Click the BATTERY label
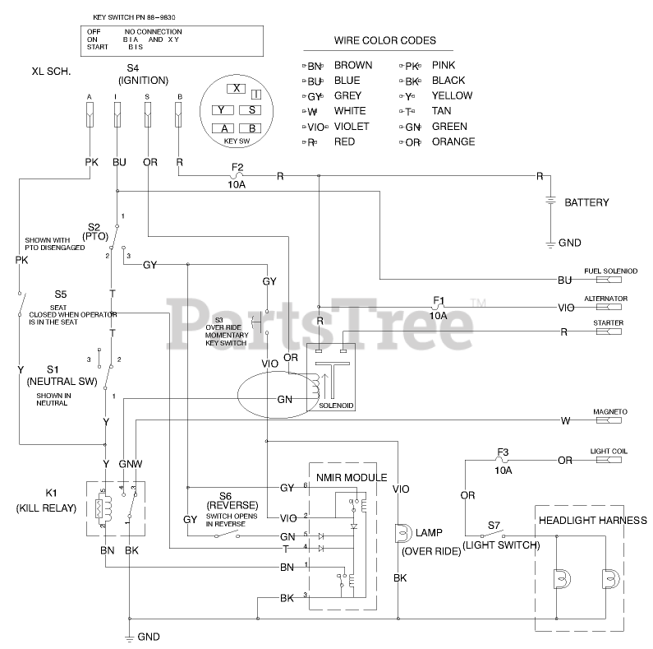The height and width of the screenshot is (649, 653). coord(586,202)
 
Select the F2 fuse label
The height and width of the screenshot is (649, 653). coord(237,167)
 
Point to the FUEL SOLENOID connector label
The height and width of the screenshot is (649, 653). coord(610,271)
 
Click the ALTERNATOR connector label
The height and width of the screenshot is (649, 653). coord(605,299)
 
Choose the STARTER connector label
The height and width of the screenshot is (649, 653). coord(608,323)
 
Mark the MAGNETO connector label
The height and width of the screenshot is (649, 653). coord(609,411)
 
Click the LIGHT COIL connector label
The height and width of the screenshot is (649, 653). coord(609,452)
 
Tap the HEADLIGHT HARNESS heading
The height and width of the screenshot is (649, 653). coord(592,520)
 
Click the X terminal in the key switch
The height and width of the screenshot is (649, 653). coord(237,89)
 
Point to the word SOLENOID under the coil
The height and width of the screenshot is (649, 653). coord(336,406)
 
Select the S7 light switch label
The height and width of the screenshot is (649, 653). coord(494,524)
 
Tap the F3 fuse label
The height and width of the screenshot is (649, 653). coord(504,452)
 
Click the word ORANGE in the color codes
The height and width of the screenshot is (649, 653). coord(453,141)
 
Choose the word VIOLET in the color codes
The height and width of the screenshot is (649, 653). coord(352,127)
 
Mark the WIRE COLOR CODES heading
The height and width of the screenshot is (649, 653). coord(384,40)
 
